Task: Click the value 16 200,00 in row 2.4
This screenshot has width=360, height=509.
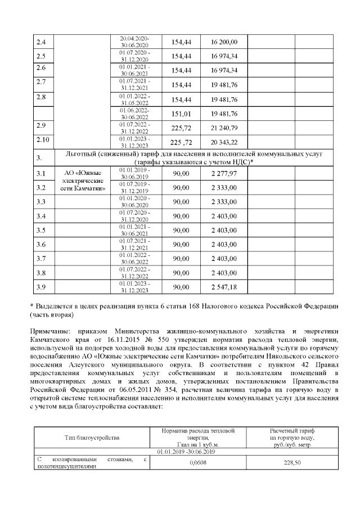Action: [224, 42]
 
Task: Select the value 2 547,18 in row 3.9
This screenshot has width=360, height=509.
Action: [224, 287]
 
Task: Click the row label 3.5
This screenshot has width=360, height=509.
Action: [40, 230]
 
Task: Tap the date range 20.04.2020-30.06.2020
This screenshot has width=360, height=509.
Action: [134, 42]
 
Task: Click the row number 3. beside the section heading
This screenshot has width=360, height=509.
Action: [39, 158]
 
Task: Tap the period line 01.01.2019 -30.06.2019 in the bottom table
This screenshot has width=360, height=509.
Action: [186, 452]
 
